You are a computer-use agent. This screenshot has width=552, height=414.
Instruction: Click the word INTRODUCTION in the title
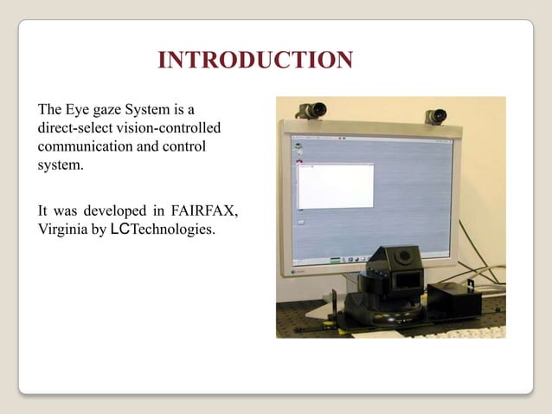click(x=255, y=61)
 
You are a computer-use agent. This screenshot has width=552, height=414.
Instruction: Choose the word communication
click(x=86, y=146)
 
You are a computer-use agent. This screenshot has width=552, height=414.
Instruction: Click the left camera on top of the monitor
click(x=311, y=111)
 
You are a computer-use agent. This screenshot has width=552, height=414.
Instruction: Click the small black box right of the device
click(x=455, y=299)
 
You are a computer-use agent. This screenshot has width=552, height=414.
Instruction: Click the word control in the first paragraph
click(x=183, y=146)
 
